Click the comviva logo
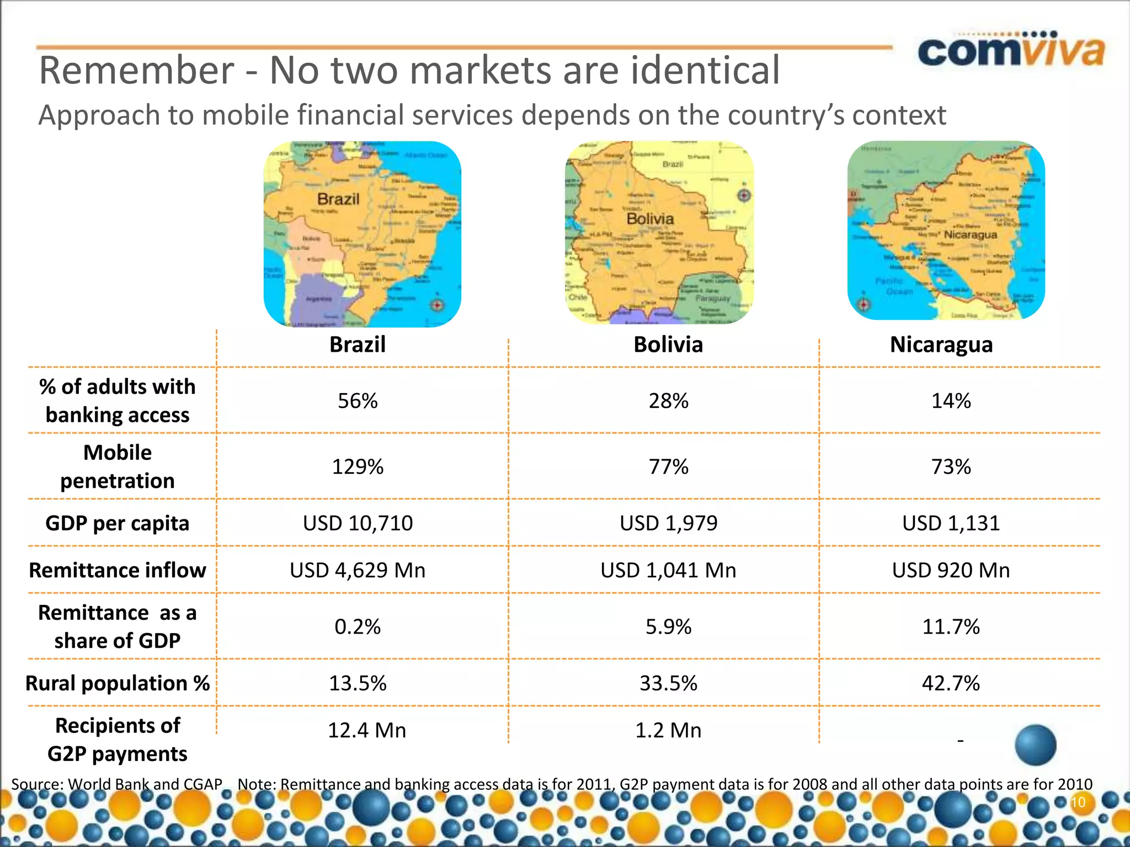tap(1011, 51)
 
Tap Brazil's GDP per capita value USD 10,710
tap(358, 523)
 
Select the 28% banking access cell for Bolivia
tap(668, 401)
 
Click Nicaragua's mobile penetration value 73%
tap(951, 467)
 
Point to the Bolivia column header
tap(668, 345)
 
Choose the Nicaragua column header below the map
tap(941, 345)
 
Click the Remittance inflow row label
tap(118, 570)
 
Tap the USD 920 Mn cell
tap(951, 570)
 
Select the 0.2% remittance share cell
tap(358, 627)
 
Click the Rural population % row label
tap(118, 683)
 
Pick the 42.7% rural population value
tap(951, 683)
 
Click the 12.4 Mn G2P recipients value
tap(367, 730)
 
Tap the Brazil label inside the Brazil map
tap(338, 199)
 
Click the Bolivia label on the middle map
tap(650, 219)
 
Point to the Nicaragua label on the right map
tap(971, 234)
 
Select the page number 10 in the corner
tap(1078, 802)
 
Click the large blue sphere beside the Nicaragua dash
tap(1035, 745)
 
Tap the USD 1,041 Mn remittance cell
tap(668, 570)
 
